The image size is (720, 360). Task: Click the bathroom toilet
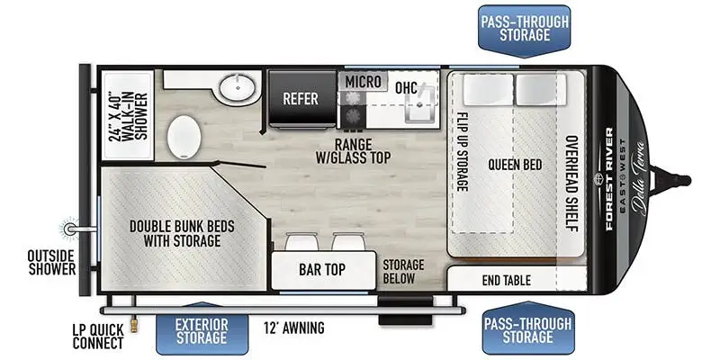184,137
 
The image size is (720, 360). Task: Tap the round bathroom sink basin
237,86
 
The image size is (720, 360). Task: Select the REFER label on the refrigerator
301,98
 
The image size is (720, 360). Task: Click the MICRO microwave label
364,82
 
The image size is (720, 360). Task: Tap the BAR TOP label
322,269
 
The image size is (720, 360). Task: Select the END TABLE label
507,280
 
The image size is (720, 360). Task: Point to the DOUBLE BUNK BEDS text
182,227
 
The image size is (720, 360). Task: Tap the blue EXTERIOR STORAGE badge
202,330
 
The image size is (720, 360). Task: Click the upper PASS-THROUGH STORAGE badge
525,31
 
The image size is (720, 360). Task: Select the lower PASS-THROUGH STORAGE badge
528,328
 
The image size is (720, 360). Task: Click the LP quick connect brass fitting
134,326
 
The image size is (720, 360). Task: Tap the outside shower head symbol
69,229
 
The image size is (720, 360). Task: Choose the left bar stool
301,242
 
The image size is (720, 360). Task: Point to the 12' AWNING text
294,328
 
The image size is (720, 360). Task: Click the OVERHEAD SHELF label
571,184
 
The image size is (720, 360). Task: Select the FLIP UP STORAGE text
463,152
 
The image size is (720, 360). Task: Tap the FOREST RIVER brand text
609,178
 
